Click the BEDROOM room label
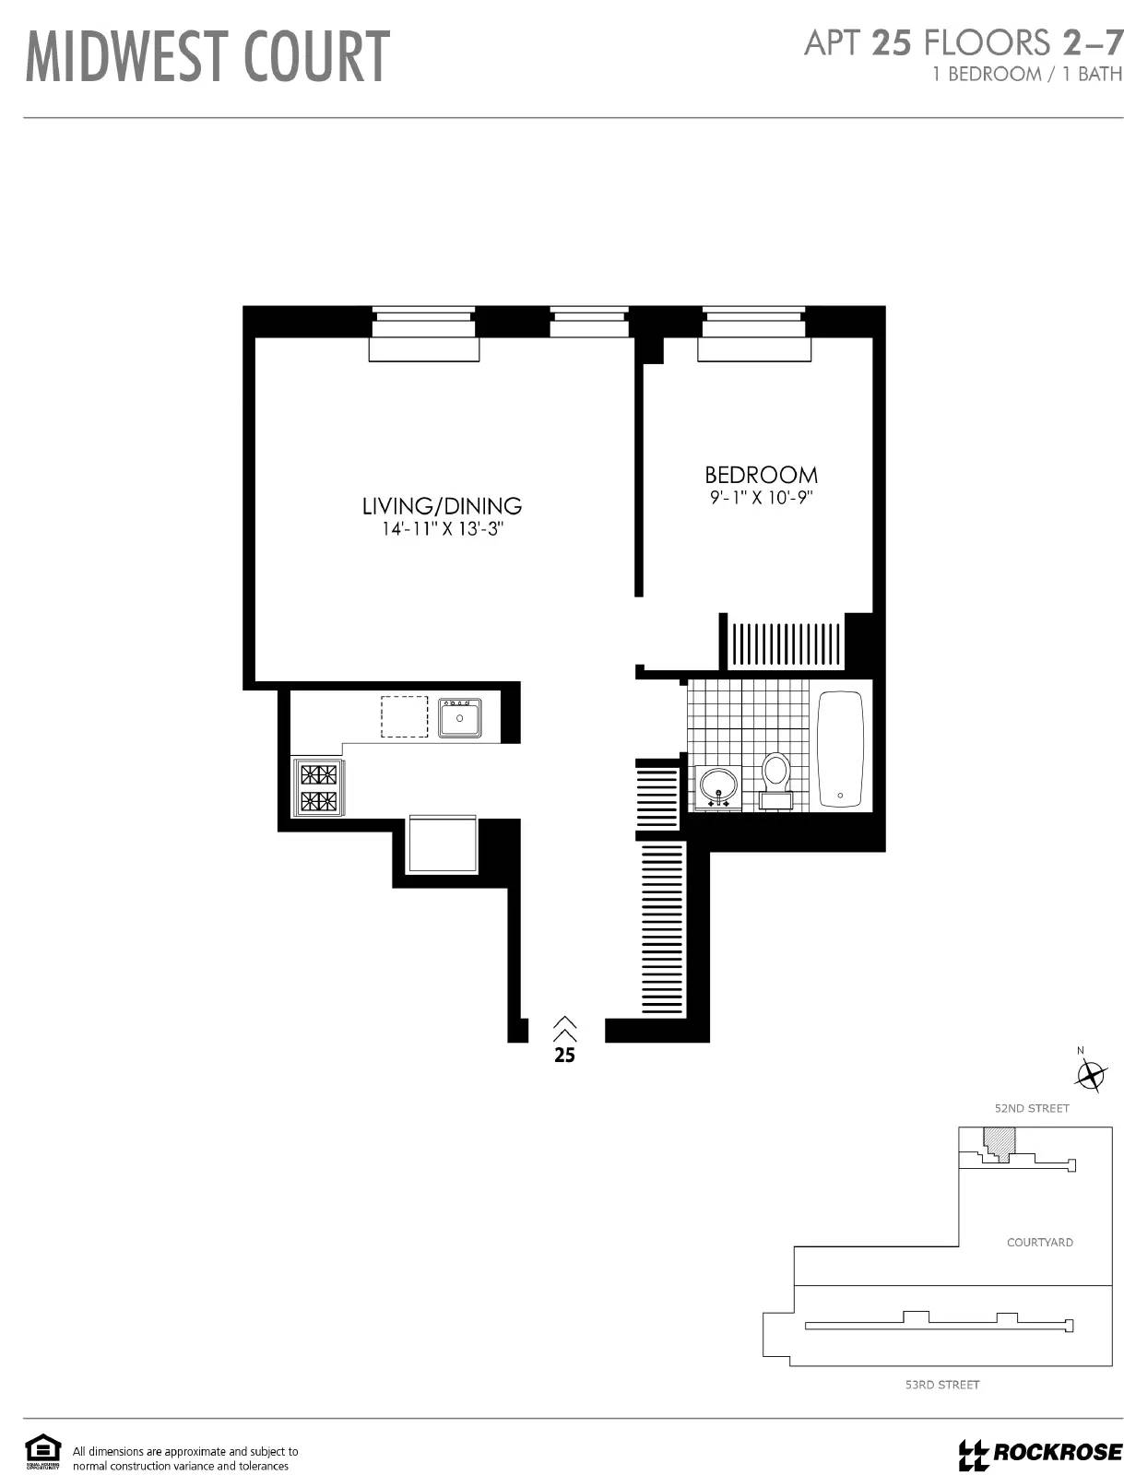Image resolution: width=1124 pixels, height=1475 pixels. point(761,475)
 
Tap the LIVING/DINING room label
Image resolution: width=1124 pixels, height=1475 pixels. point(442,505)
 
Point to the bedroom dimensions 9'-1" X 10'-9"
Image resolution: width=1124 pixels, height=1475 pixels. point(761,498)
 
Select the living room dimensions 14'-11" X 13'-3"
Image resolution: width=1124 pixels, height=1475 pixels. point(442,529)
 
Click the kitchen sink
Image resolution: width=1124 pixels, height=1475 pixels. point(459,717)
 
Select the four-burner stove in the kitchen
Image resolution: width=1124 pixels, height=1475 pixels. point(316,787)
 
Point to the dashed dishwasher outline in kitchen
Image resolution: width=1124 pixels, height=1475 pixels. point(405,716)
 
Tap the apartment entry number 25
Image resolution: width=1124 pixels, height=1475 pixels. point(564,1056)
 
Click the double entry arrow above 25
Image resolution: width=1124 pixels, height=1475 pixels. point(564,1029)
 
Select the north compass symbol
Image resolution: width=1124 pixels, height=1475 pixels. point(1091,1075)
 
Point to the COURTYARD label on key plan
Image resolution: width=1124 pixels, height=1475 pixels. point(1039,1243)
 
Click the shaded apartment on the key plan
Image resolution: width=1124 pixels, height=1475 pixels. point(998,1140)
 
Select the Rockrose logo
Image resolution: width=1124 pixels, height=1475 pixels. point(1040,1454)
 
